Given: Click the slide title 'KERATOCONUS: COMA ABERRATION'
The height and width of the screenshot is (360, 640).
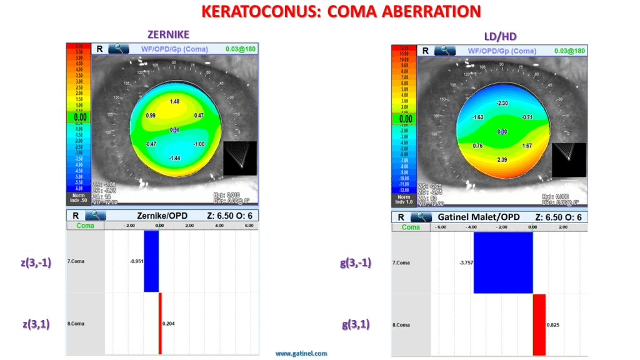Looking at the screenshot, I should [341, 11].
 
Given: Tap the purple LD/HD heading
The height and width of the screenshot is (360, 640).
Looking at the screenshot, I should [500, 36].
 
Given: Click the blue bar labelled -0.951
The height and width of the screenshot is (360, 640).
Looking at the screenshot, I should [151, 261].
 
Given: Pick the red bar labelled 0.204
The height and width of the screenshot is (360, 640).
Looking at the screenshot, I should [160, 324].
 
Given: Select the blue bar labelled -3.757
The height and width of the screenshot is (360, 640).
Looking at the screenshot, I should [503, 262].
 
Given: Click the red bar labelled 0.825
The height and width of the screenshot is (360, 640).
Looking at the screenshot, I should [539, 325].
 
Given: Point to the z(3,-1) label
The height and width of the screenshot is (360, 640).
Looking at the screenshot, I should [36, 262].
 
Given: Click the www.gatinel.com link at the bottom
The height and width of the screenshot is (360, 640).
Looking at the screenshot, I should [301, 354].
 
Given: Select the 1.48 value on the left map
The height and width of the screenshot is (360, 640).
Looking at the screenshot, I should [174, 101].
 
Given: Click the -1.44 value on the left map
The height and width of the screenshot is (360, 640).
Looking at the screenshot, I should [174, 159].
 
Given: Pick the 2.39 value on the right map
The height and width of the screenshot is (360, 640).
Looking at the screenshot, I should [503, 160].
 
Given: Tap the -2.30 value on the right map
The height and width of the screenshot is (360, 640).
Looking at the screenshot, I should [502, 103].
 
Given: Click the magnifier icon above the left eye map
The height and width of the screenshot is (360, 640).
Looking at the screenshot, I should [119, 48].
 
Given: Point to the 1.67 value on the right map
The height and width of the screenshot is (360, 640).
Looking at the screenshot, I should [527, 146].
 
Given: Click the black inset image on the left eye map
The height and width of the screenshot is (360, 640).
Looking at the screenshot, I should [240, 157].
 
